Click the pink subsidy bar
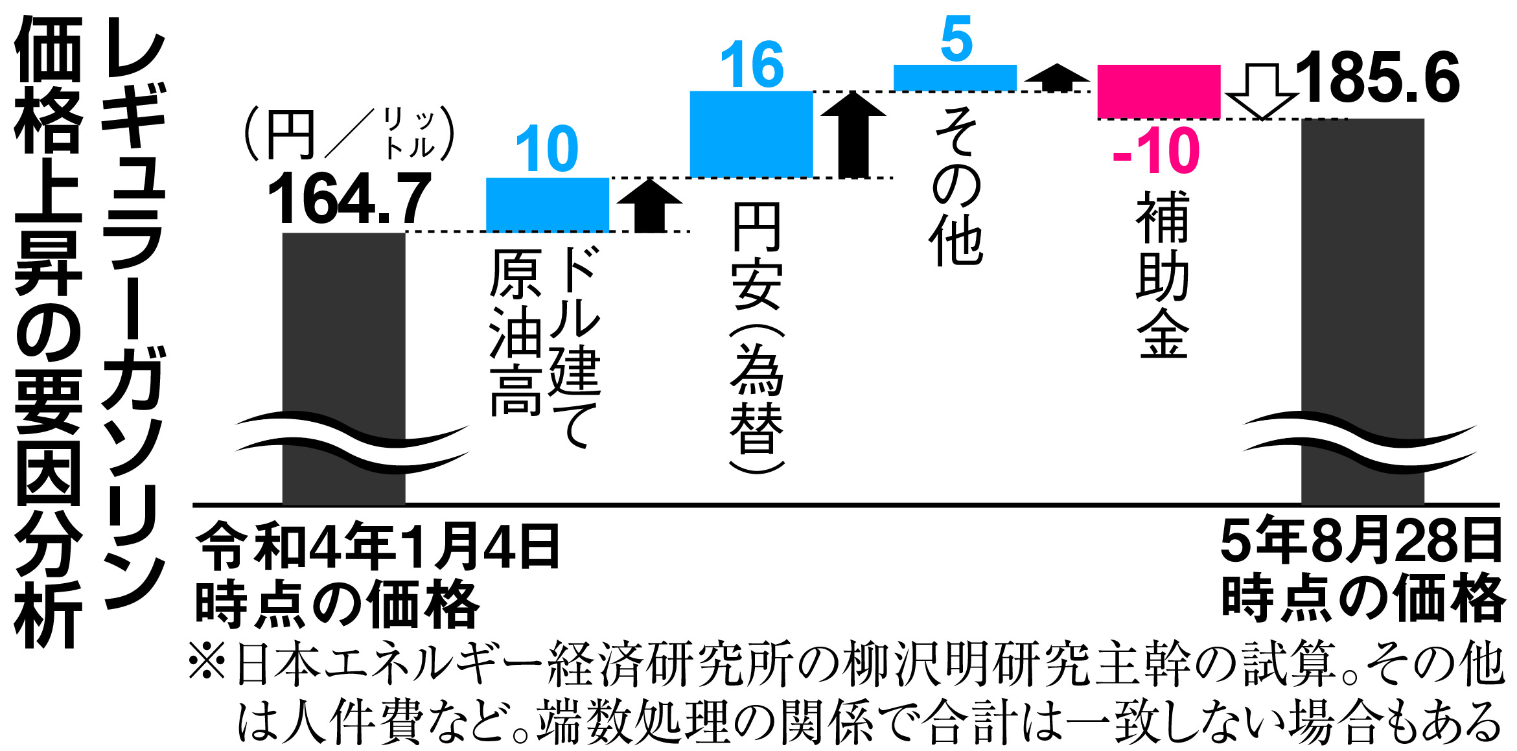coord(1158,91)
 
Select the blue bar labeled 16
coord(750,133)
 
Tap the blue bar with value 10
coord(547,204)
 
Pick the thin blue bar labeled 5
coord(955,77)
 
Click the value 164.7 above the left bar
coord(349,198)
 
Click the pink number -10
coord(1156,151)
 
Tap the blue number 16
coord(752,64)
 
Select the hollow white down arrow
coord(1261,91)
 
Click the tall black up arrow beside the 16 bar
coord(853,134)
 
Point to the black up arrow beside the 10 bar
coord(649,205)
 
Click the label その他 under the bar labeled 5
coord(956,188)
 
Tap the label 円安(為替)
coord(756,337)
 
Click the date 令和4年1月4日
coord(377,546)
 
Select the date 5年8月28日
coord(1361,541)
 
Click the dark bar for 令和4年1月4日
coord(343,324)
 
